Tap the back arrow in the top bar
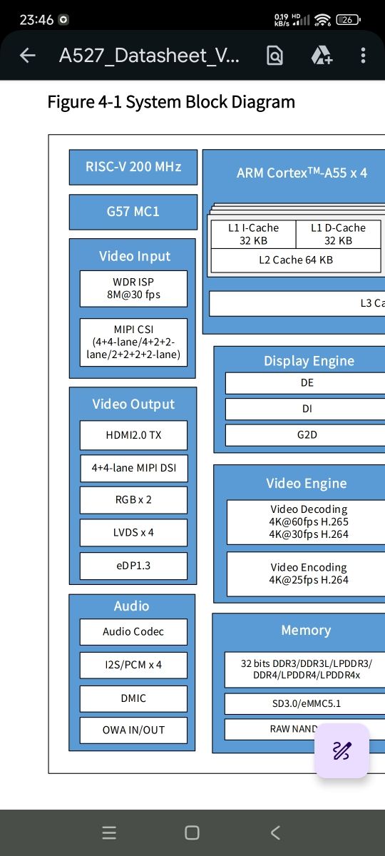click(x=28, y=56)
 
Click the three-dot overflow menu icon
click(x=363, y=56)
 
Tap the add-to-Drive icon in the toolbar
click(x=322, y=56)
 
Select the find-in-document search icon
click(x=274, y=56)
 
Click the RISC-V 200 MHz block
click(x=133, y=167)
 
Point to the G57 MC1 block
click(x=133, y=212)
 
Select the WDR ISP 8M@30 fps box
click(x=134, y=288)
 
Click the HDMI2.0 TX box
click(x=134, y=435)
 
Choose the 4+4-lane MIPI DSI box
click(x=134, y=468)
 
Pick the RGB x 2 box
click(x=134, y=500)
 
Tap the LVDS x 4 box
click(x=134, y=533)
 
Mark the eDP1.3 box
click(x=134, y=566)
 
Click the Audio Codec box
click(x=134, y=632)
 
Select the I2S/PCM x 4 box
click(x=134, y=665)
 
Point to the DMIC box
click(x=134, y=698)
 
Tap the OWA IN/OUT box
click(x=134, y=730)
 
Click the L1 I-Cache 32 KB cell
click(x=253, y=234)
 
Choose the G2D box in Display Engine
click(x=307, y=435)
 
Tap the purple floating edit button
click(x=342, y=750)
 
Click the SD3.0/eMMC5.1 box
click(x=307, y=703)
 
